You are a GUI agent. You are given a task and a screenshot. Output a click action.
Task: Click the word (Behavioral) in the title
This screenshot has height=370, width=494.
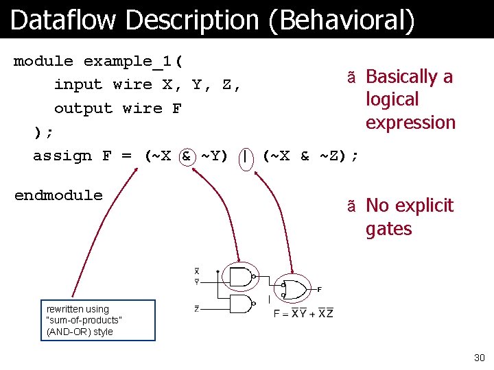coord(342,21)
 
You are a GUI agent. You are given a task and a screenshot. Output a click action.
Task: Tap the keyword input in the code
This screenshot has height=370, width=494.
coord(78,85)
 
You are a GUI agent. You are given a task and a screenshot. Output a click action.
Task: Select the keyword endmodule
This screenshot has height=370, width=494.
coord(58,195)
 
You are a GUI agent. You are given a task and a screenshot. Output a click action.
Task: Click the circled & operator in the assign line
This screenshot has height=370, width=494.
coord(186,156)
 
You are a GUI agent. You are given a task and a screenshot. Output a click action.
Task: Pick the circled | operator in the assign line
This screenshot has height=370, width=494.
coord(244,156)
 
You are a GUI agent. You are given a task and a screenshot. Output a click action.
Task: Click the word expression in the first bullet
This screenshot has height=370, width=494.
coord(410,123)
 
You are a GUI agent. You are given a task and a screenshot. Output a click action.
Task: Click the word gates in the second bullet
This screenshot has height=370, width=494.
coord(388,229)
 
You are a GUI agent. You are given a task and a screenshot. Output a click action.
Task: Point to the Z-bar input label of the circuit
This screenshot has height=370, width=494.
coord(196,309)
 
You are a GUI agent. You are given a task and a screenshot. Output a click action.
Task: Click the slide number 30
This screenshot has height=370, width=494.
coord(478,358)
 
